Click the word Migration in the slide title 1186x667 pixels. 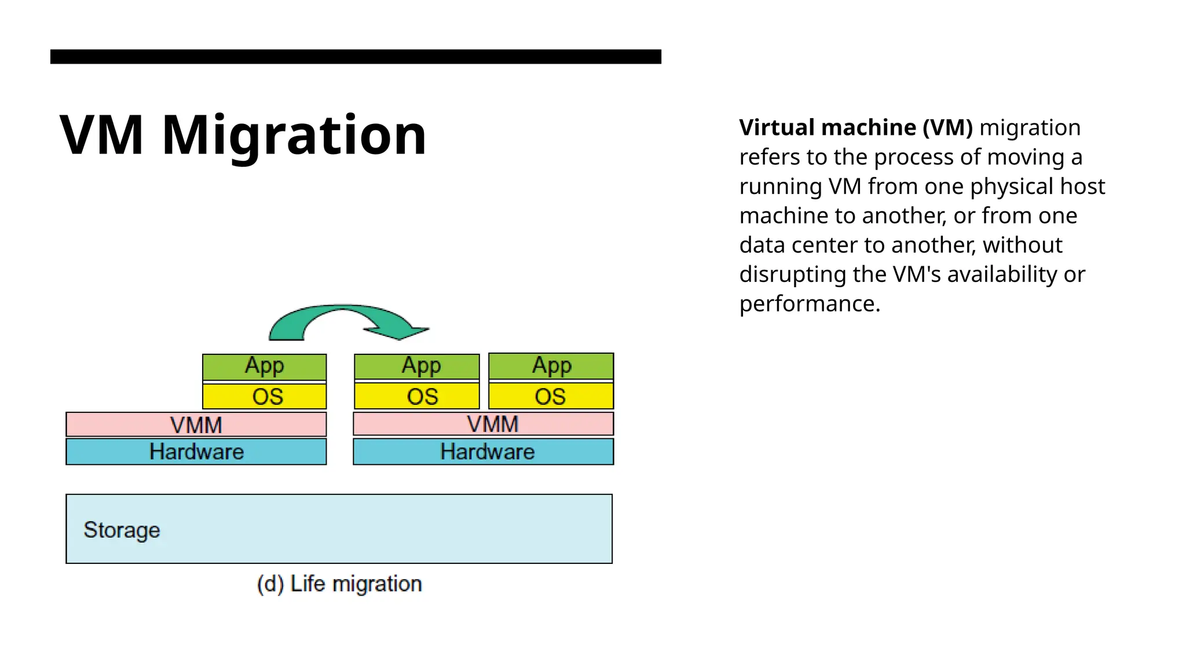pyautogui.click(x=294, y=135)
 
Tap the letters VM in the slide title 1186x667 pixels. pyautogui.click(x=102, y=135)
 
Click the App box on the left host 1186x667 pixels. pyautogui.click(x=265, y=367)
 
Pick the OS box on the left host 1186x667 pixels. pyautogui.click(x=265, y=397)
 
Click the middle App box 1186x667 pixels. pyautogui.click(x=417, y=367)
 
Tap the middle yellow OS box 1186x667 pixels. pyautogui.click(x=417, y=397)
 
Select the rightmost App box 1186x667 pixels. pyautogui.click(x=551, y=366)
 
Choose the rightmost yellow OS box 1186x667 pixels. pyautogui.click(x=551, y=397)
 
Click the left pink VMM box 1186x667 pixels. pyautogui.click(x=196, y=425)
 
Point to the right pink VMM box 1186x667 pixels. pyautogui.click(x=484, y=424)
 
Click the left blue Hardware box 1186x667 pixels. pyautogui.click(x=196, y=452)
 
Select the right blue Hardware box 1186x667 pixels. pyautogui.click(x=484, y=452)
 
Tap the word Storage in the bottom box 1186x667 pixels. pyautogui.click(x=122, y=530)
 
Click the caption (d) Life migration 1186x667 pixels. pyautogui.click(x=339, y=584)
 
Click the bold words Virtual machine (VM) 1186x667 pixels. pyautogui.click(x=856, y=127)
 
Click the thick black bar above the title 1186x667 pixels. pyautogui.click(x=356, y=56)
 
